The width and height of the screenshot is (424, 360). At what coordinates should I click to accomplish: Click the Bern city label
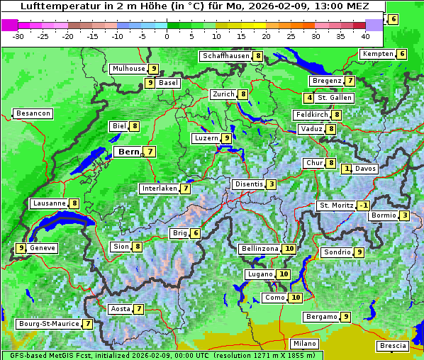(x=128, y=152)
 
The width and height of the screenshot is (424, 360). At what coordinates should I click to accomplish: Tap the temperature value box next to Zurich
(x=243, y=94)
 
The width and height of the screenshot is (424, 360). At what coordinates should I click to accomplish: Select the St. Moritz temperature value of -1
(x=363, y=206)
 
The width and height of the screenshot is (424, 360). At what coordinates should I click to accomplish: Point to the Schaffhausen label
(x=225, y=56)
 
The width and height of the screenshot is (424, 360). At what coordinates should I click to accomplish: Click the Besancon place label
(x=33, y=113)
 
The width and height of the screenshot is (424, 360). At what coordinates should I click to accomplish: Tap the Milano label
(x=306, y=344)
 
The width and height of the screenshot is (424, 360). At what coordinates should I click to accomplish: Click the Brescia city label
(x=393, y=346)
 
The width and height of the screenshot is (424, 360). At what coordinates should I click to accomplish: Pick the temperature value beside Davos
(x=347, y=169)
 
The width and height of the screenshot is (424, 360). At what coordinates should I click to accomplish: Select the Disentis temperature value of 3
(x=272, y=184)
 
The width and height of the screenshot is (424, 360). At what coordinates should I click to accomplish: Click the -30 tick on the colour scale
(x=18, y=35)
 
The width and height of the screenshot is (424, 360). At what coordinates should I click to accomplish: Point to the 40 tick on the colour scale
(x=365, y=35)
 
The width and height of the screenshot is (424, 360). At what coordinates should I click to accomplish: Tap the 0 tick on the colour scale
(x=167, y=35)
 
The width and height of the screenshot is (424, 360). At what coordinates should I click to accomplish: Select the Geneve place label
(x=43, y=248)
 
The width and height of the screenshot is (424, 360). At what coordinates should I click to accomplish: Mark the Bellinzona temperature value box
(x=289, y=249)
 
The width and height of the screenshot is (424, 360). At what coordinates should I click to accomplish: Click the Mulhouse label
(x=128, y=69)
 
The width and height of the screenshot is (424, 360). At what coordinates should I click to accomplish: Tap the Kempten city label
(x=377, y=54)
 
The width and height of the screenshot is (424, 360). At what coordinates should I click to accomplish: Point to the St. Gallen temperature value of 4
(x=309, y=98)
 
